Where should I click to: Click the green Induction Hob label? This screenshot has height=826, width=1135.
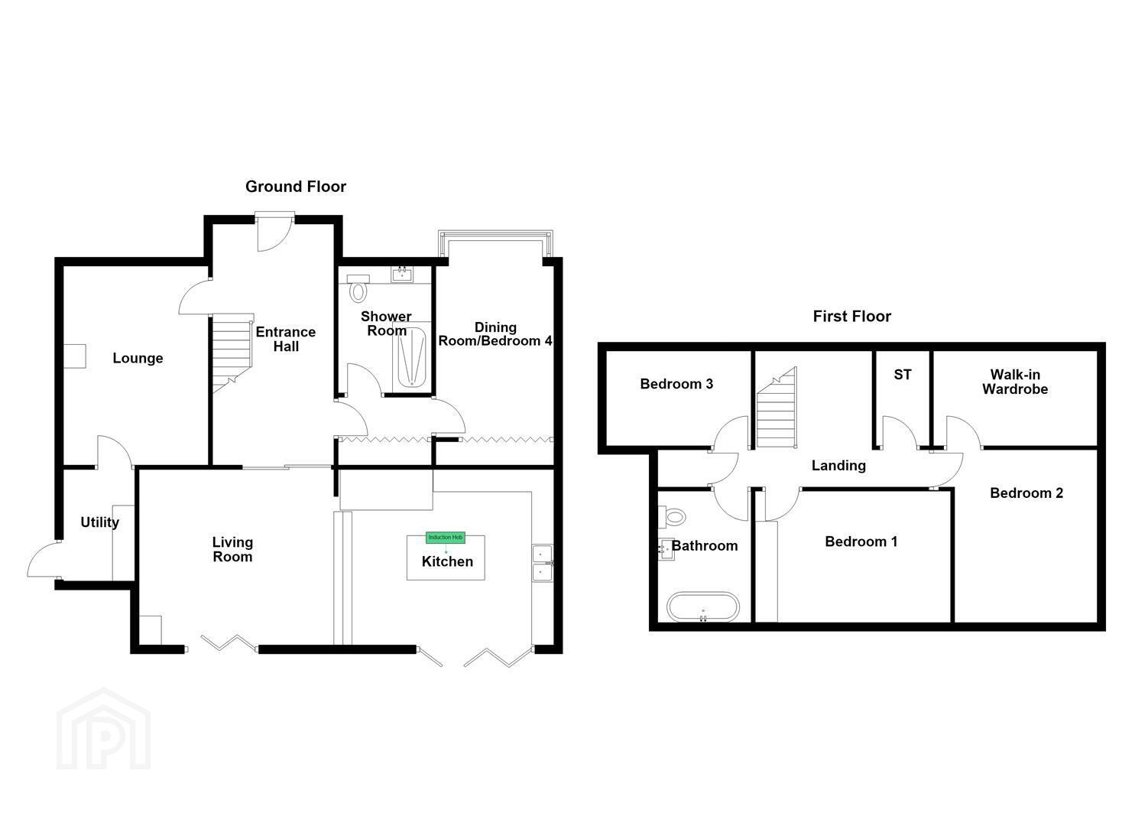[x=446, y=538]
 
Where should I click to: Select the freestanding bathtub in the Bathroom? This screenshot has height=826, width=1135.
[x=703, y=606]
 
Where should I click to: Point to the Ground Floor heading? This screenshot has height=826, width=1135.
[x=295, y=187]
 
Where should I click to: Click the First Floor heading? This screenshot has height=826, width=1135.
[x=851, y=317]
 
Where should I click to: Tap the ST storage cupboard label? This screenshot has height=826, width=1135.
[x=903, y=375]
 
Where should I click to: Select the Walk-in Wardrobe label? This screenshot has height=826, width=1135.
[x=1015, y=382]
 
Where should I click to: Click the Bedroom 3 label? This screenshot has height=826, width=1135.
[x=676, y=384]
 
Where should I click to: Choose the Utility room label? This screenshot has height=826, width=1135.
[x=100, y=522]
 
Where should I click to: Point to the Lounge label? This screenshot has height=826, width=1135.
[x=138, y=359]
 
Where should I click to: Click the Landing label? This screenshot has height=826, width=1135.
[x=838, y=466]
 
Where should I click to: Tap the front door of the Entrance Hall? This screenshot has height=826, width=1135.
[x=274, y=233]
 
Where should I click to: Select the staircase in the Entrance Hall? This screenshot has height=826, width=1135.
[x=232, y=353]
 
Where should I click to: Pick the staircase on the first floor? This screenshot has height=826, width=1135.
[x=777, y=407]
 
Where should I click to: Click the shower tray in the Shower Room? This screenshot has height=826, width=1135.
[x=411, y=357]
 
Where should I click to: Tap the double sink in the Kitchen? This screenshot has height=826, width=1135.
[x=542, y=564]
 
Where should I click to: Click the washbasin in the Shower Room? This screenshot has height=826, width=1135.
[x=403, y=275]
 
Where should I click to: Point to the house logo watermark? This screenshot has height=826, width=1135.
[x=103, y=729]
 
